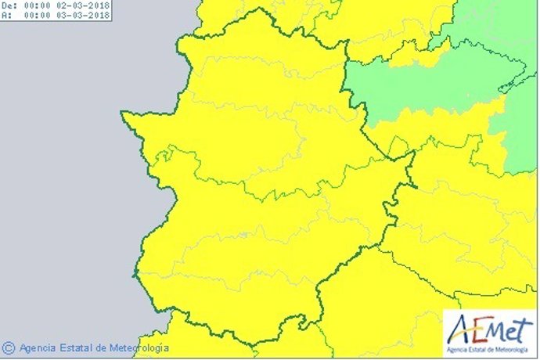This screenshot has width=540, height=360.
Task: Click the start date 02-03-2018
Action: coord(85,5)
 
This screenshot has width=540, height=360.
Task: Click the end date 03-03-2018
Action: coord(85,13)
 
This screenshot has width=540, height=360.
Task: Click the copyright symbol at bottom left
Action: coord(9,347)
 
